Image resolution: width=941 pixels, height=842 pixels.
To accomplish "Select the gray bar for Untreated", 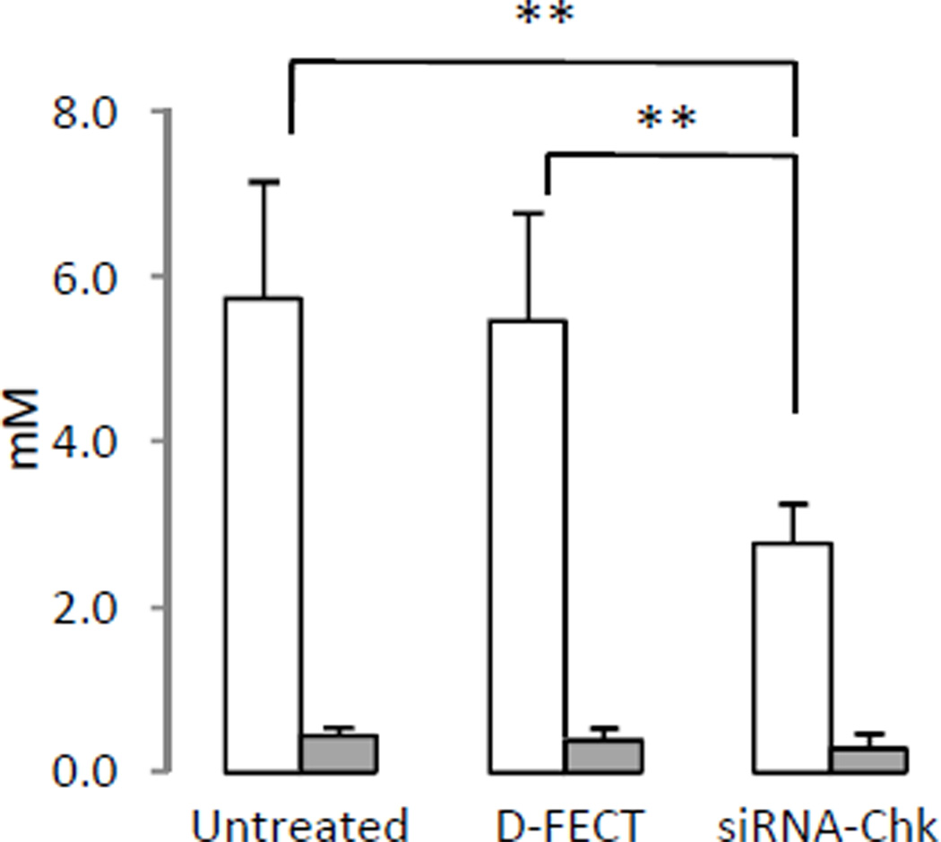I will point(338,753).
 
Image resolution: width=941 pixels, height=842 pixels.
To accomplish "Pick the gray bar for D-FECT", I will point(603,755).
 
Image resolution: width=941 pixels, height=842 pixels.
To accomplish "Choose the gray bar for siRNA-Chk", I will point(868,759).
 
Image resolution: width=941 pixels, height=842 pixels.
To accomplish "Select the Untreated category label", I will point(300,823).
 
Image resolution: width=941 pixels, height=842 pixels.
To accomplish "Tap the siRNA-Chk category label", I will point(826,823).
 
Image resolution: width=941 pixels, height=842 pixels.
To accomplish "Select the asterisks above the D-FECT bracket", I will point(667,119).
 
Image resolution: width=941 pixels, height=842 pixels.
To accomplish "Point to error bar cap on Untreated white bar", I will point(263,182).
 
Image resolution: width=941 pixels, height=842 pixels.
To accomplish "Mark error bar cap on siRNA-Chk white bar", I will point(794,504).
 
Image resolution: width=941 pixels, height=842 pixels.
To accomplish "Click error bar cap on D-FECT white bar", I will point(529,213).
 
